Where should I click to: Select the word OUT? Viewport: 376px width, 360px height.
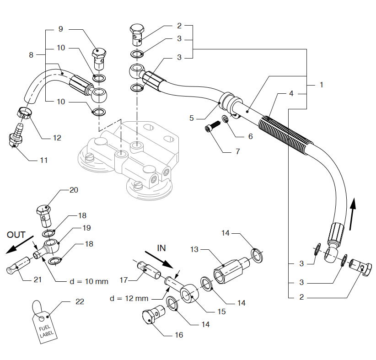click(x=16, y=235)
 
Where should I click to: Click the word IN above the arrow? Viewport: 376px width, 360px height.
click(x=161, y=248)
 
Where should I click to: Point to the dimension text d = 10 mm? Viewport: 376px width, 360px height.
click(x=89, y=281)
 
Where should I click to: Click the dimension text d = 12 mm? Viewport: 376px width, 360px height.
click(x=129, y=299)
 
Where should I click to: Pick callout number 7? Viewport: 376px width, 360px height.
click(x=237, y=151)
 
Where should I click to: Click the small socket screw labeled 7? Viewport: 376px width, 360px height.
click(x=210, y=129)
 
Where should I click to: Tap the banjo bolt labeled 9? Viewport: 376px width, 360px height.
click(x=101, y=57)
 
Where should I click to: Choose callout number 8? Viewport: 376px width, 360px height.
click(x=31, y=55)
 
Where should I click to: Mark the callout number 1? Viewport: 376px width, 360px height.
click(x=322, y=85)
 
